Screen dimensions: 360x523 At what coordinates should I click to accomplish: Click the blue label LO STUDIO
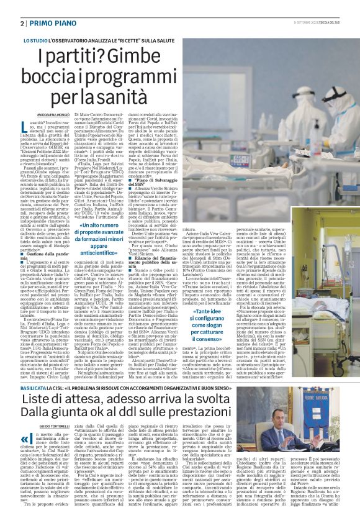35,40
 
